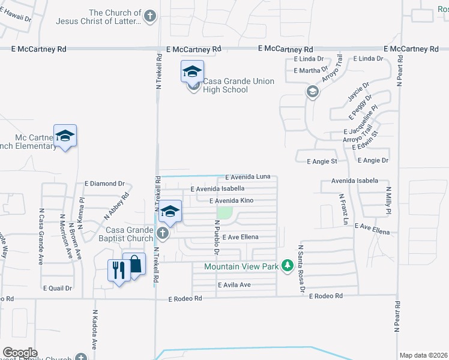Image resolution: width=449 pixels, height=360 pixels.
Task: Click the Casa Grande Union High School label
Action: [238, 86]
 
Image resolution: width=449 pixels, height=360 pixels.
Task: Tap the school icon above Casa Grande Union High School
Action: [192, 72]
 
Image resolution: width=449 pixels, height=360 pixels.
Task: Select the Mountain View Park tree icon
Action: [288, 265]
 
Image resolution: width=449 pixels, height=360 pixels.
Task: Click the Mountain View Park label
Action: [241, 266]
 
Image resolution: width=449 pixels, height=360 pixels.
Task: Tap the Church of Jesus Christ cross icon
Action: [150, 16]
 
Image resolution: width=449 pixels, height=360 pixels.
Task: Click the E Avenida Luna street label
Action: [248, 177]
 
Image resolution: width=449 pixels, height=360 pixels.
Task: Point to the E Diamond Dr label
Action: [104, 184]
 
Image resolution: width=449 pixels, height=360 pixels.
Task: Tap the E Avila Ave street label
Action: [234, 285]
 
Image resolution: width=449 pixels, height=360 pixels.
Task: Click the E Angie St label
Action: [322, 161]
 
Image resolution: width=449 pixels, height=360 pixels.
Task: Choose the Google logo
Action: [20, 353]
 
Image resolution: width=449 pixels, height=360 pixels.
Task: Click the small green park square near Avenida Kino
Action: [224, 212]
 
